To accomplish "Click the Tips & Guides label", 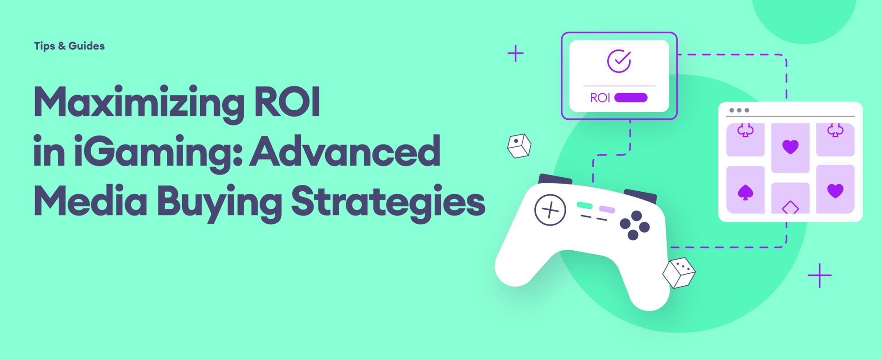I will pos(69,46).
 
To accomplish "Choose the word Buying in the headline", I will pos(219,202).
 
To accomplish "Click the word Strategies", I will pos(388,202).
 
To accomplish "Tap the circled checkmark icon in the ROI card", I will pos(619,61).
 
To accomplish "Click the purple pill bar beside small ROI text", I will pos(631,98).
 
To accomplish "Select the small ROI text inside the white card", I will pos(600,98).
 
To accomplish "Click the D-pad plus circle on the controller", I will pos(550,210).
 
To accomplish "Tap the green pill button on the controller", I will pos(585,206).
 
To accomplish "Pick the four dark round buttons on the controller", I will pos(635,225).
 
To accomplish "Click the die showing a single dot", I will pos(519,146).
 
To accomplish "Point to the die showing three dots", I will pos(679,273).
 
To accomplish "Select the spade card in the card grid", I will pos(745,190).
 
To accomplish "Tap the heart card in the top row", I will pos(790,148).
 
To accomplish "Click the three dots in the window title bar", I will pos(739,110).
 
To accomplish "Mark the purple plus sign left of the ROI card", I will pos(515,54).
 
